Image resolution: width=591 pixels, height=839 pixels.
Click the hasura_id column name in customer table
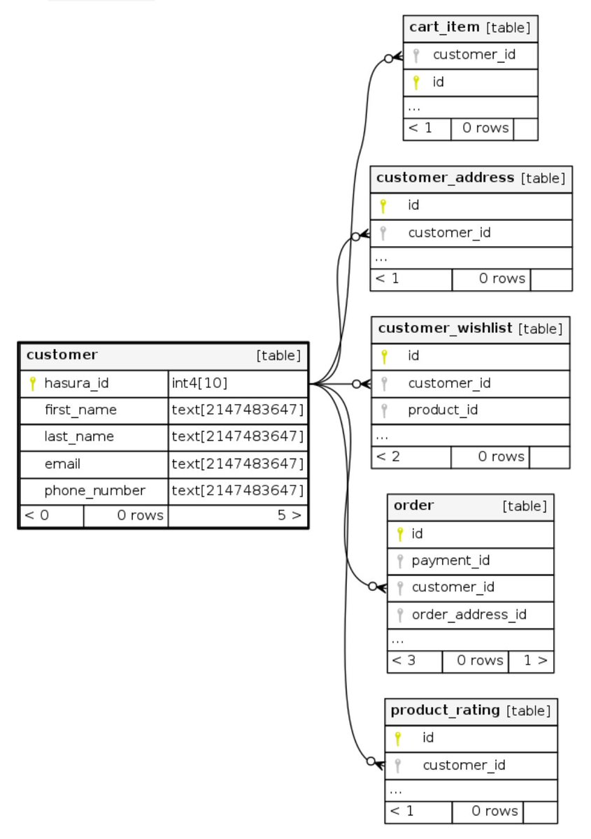[76, 383]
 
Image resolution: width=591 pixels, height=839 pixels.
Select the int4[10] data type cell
[200, 383]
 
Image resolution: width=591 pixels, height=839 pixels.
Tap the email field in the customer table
[62, 464]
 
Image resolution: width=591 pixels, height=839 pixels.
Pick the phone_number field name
[94, 491]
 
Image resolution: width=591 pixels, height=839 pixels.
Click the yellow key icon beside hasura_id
[32, 383]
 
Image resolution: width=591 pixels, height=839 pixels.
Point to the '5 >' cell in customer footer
[289, 516]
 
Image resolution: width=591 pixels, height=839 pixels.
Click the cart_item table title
[444, 27]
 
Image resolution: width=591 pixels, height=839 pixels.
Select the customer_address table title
[445, 178]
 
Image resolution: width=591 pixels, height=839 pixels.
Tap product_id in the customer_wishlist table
[443, 410]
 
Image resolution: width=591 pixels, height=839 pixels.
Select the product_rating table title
[445, 710]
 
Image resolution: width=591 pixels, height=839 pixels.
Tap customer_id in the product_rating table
[464, 765]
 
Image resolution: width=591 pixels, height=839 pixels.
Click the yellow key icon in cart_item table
[415, 83]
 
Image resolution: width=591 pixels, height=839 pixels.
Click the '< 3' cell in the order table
[404, 660]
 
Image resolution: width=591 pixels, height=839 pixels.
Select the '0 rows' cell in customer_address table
[501, 278]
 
